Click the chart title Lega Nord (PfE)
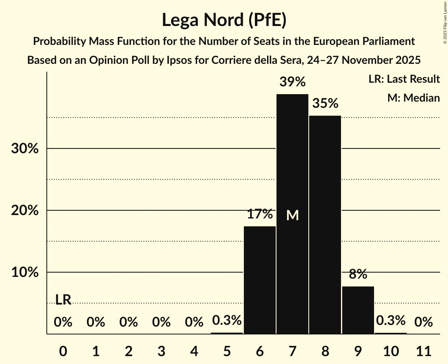point(224,20)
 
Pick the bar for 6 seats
point(260,280)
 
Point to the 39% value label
point(292,82)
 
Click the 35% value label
point(325,104)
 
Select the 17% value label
point(260,214)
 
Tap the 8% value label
point(358,274)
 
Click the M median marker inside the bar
point(292,215)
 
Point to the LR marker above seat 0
point(63,300)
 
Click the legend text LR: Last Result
point(404,79)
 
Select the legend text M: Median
point(413,98)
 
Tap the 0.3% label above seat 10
point(391,321)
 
